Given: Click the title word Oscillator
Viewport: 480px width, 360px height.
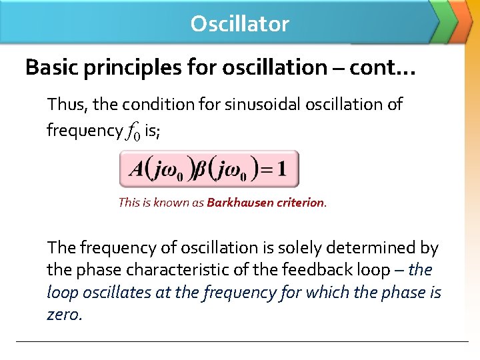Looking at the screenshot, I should [x=239, y=24].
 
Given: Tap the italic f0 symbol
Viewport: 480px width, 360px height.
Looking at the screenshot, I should [x=133, y=131].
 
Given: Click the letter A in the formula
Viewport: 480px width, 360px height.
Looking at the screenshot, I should [x=136, y=169].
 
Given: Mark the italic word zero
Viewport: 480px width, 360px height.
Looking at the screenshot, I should [x=64, y=314].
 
